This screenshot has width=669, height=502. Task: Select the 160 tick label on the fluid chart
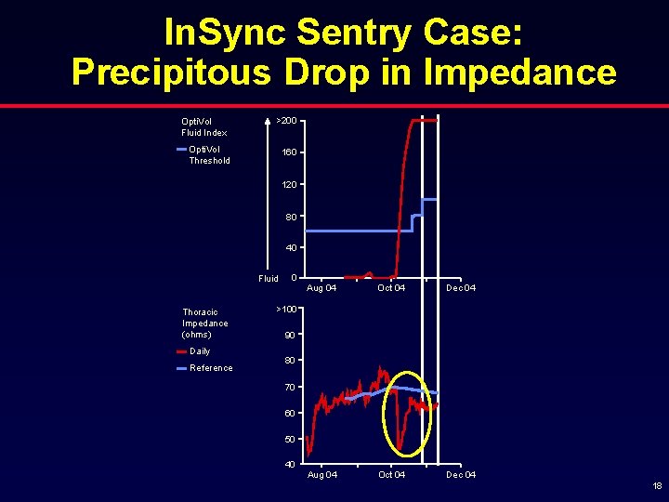click(x=290, y=152)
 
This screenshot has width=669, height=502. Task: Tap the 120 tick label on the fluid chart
click(x=290, y=185)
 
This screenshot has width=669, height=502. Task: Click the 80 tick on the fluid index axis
click(x=292, y=217)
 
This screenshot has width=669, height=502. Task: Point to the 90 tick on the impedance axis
click(x=289, y=335)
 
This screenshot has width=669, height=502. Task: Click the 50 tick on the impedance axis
click(x=289, y=439)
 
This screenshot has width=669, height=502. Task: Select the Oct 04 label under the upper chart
click(x=391, y=288)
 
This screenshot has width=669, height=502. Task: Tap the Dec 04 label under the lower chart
click(x=461, y=475)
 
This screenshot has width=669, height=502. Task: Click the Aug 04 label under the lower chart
click(x=322, y=475)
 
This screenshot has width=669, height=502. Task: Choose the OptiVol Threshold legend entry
click(x=209, y=154)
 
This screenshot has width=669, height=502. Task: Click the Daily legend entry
click(x=199, y=351)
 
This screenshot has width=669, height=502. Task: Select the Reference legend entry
click(x=211, y=368)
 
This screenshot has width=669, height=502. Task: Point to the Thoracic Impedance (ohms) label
click(x=204, y=323)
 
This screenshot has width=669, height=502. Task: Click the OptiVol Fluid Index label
click(x=203, y=126)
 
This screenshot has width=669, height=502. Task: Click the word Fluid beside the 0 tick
click(x=268, y=279)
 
